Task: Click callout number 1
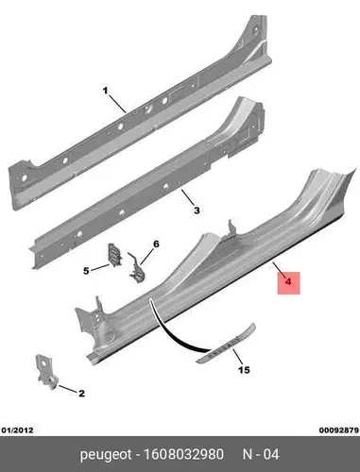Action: click(105, 91)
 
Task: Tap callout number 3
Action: click(197, 211)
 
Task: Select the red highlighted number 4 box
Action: click(288, 283)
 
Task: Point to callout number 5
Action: click(86, 271)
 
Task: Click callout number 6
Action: click(156, 244)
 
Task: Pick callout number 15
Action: click(244, 370)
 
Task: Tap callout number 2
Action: click(81, 394)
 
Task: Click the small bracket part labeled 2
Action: click(46, 371)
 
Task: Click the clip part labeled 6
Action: click(138, 269)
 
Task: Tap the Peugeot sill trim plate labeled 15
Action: click(226, 343)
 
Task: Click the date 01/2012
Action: click(17, 430)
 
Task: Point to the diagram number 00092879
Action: click(339, 430)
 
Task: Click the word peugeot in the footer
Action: click(106, 455)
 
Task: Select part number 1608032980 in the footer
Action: click(183, 454)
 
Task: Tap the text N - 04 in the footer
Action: click(261, 454)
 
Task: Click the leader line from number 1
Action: click(117, 104)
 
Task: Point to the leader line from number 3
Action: click(188, 197)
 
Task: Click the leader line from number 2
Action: click(67, 389)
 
